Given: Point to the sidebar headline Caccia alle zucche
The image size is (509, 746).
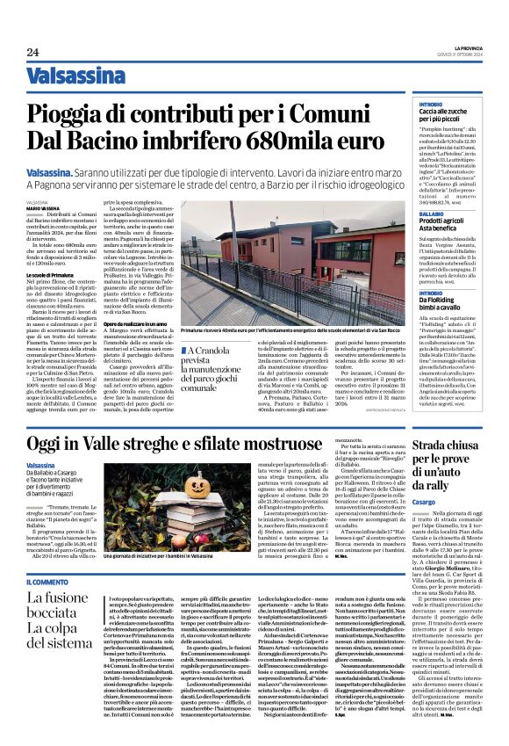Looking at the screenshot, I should pyautogui.click(x=447, y=114).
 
